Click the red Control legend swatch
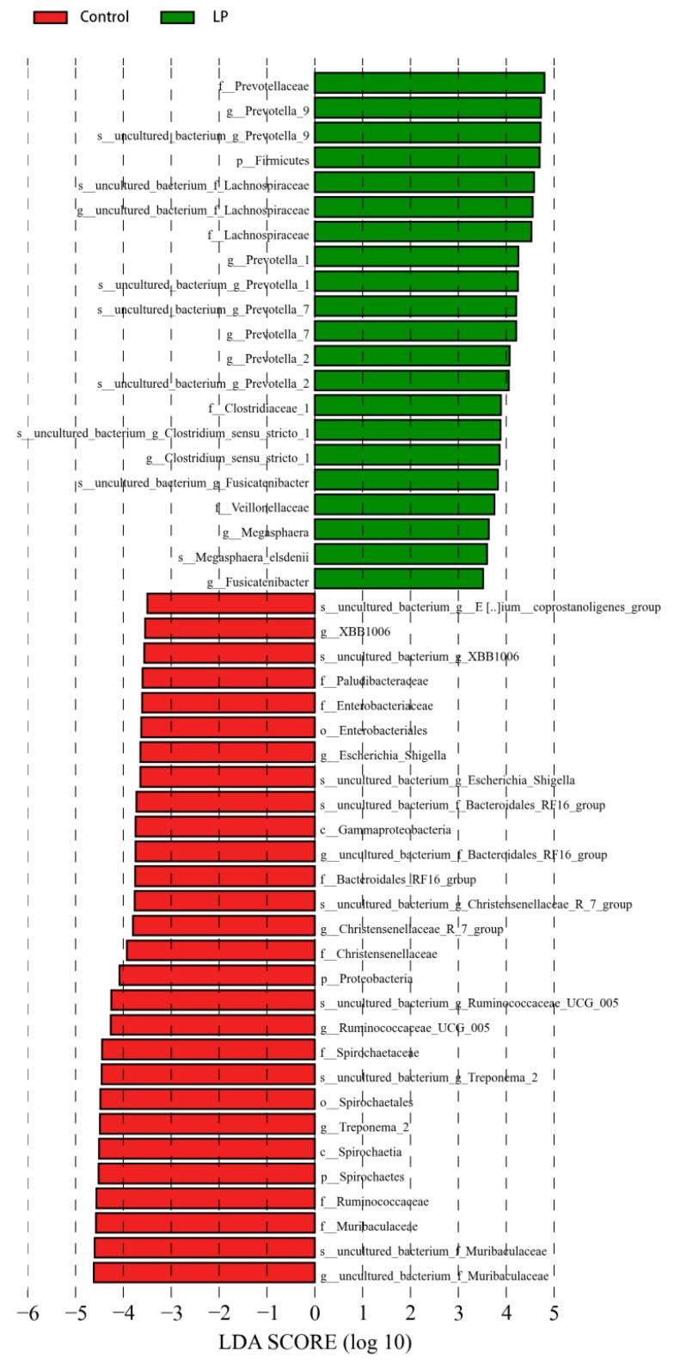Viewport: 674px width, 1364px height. tap(50, 17)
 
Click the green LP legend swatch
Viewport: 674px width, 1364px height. tap(177, 17)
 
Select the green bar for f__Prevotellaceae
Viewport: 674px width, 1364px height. tap(429, 83)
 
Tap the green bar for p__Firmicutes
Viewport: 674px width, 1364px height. tap(426, 157)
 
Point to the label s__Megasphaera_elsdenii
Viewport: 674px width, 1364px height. tap(243, 558)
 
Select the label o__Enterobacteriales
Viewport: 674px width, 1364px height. tap(374, 731)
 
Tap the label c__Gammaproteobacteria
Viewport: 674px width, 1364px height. tap(386, 831)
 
